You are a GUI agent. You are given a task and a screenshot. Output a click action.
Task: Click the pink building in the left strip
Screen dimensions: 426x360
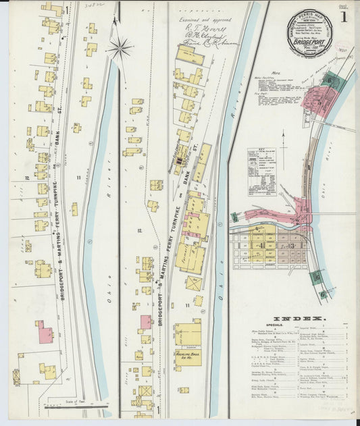(45, 331)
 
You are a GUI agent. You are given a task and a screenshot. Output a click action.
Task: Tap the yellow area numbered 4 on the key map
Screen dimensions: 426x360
(262, 246)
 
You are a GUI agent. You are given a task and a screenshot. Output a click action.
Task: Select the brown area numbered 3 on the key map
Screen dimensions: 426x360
(292, 246)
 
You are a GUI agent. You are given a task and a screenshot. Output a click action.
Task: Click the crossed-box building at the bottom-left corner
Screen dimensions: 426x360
(16, 376)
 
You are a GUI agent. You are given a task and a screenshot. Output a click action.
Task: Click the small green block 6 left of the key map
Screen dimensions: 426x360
(235, 218)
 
